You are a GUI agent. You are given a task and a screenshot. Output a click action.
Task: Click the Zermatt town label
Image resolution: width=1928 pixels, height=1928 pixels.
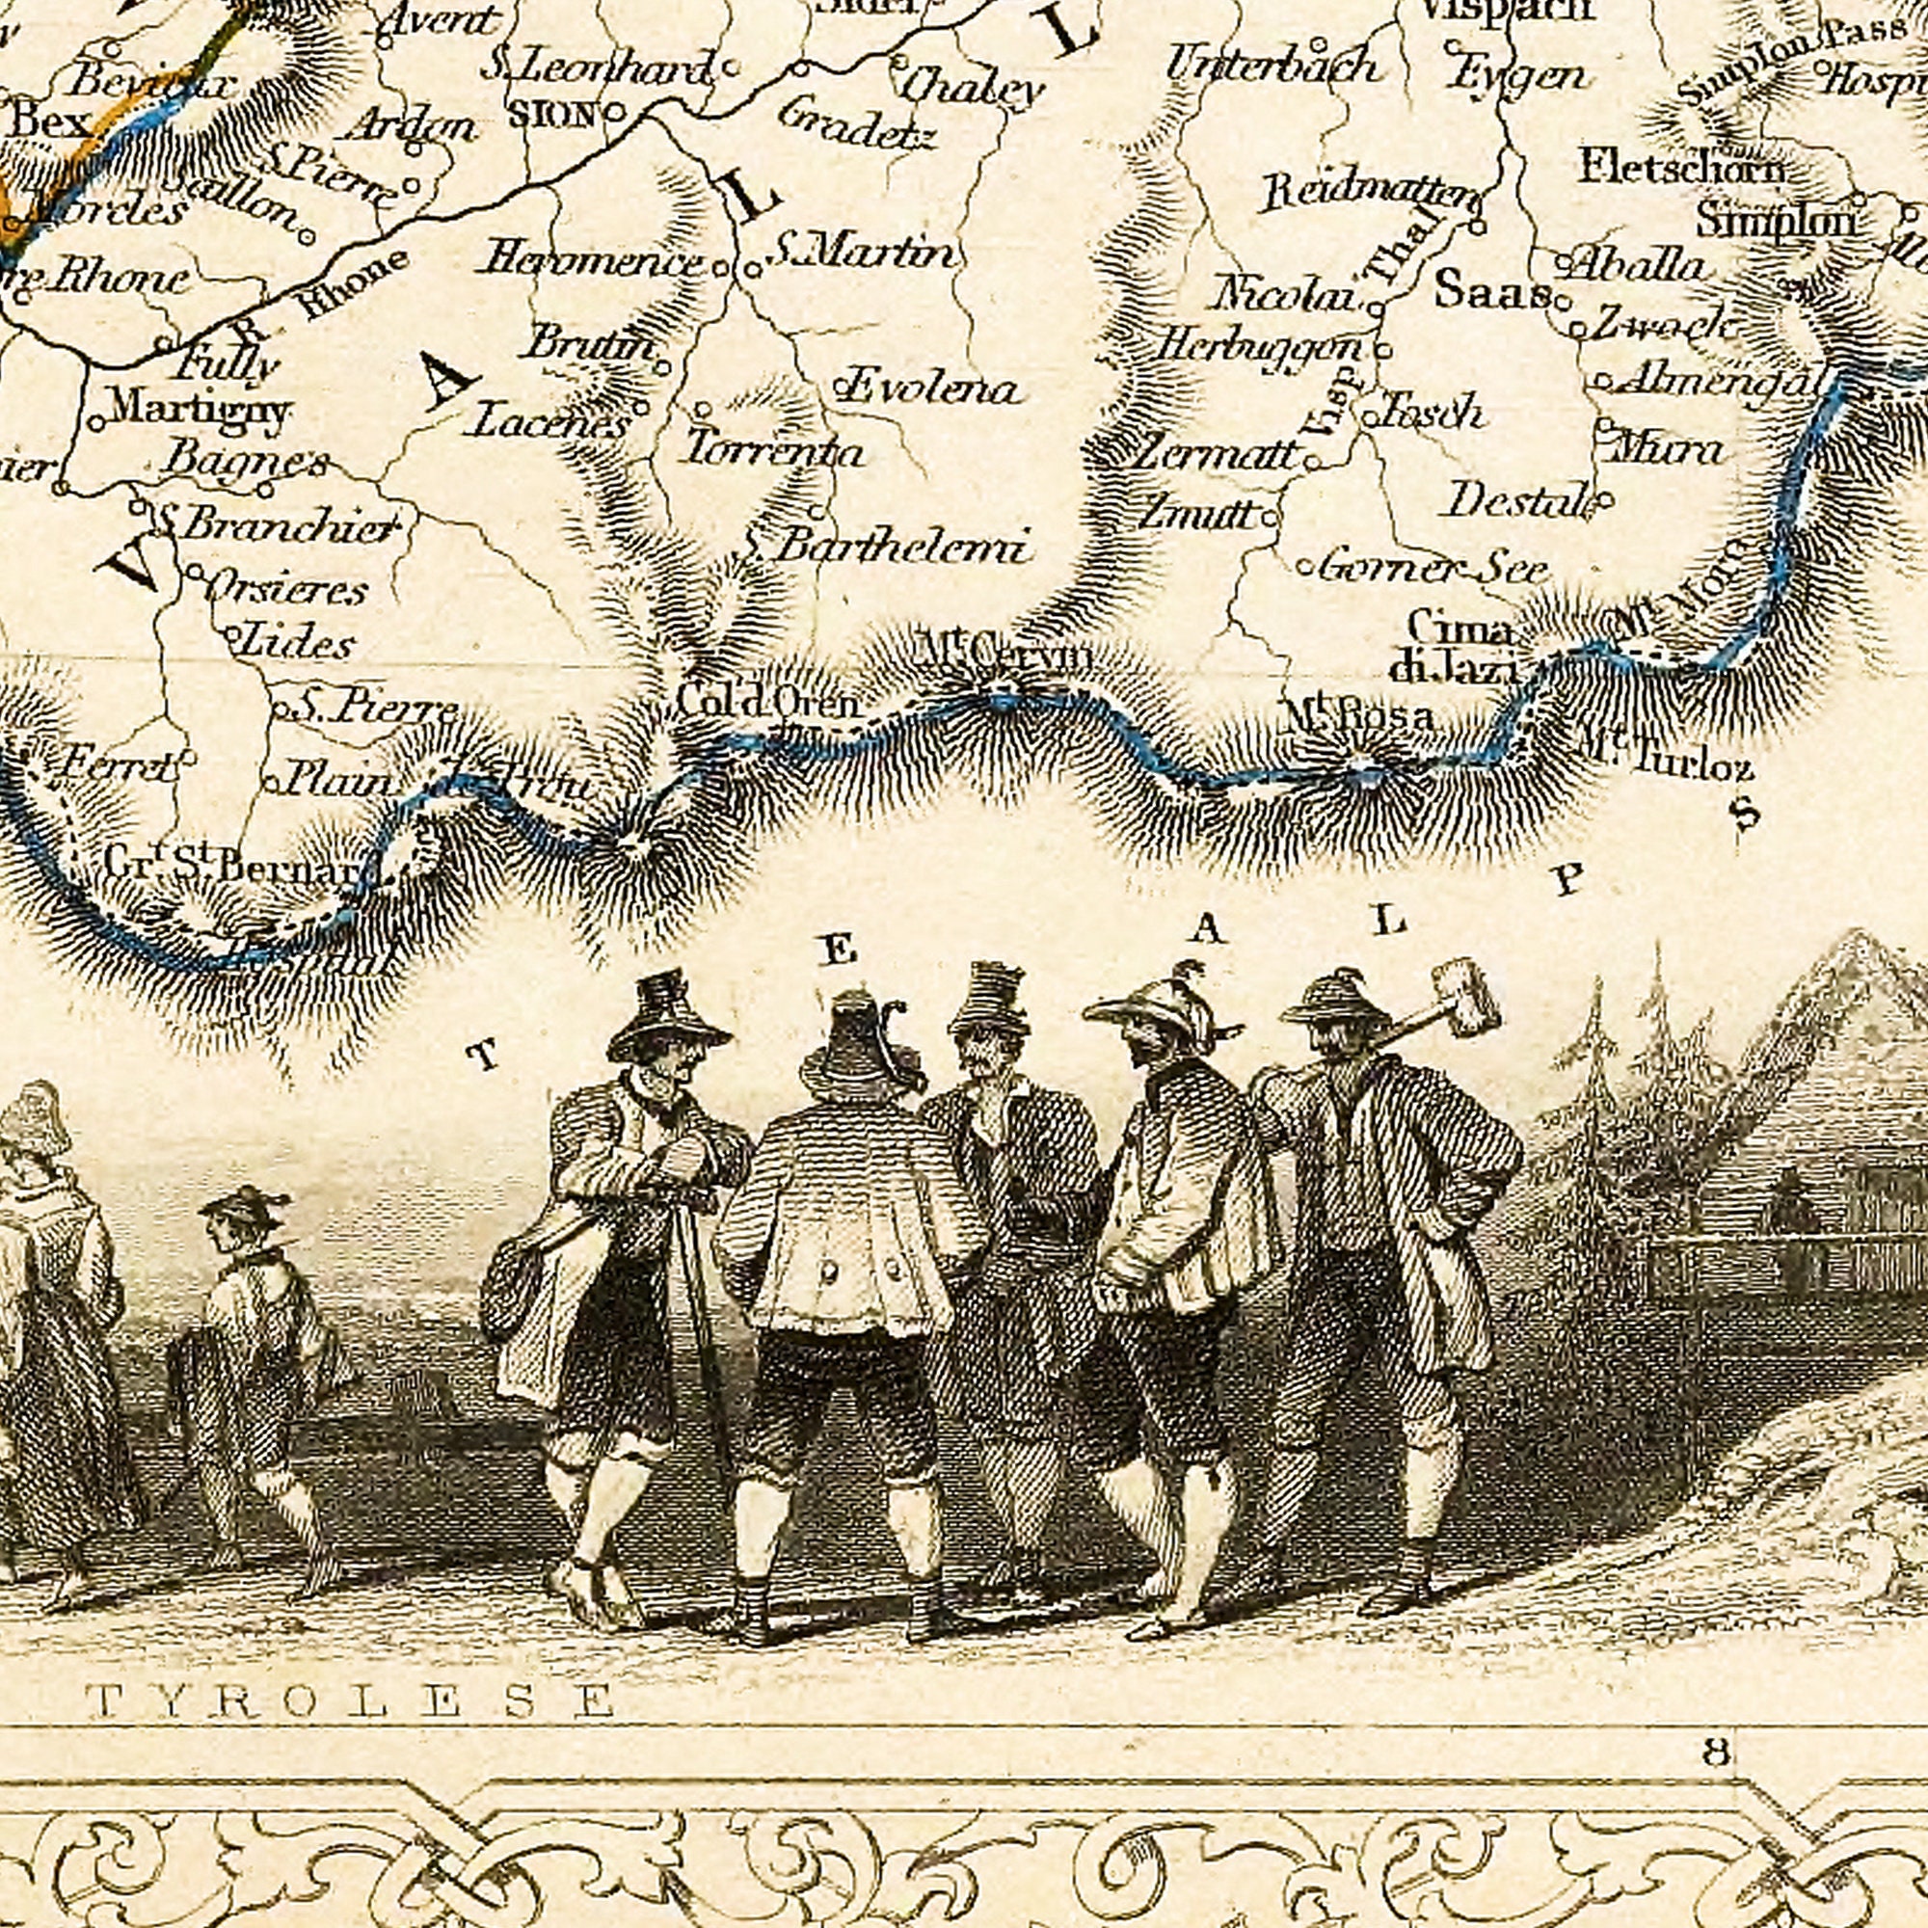coord(1217,456)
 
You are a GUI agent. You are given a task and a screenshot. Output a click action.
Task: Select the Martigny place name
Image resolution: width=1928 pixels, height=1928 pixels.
coord(200,408)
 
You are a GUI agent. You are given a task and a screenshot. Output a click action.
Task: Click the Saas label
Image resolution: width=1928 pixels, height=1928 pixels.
coord(1491,291)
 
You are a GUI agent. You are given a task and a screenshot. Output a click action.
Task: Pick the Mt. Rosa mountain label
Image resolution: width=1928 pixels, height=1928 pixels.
coord(1359,715)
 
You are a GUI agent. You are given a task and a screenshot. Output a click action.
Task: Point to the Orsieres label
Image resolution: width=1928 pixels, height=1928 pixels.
coord(286,589)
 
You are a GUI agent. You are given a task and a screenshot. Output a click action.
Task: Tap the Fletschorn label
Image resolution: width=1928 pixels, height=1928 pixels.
coord(1680,167)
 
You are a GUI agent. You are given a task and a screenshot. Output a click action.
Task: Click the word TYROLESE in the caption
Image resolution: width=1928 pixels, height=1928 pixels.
coord(349,1700)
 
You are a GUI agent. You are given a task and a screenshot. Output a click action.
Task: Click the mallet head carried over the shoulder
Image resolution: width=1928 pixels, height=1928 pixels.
coord(1464,995)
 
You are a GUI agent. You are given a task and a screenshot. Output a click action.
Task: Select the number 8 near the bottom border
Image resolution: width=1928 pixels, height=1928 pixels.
coord(1717,1751)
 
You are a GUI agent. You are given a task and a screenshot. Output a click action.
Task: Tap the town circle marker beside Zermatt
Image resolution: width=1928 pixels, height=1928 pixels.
coord(1311,463)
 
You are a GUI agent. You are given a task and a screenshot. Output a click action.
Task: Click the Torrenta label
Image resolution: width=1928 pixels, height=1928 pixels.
coord(774,451)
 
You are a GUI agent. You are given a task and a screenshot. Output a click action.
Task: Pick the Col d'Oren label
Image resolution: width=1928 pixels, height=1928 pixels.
coord(766,703)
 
